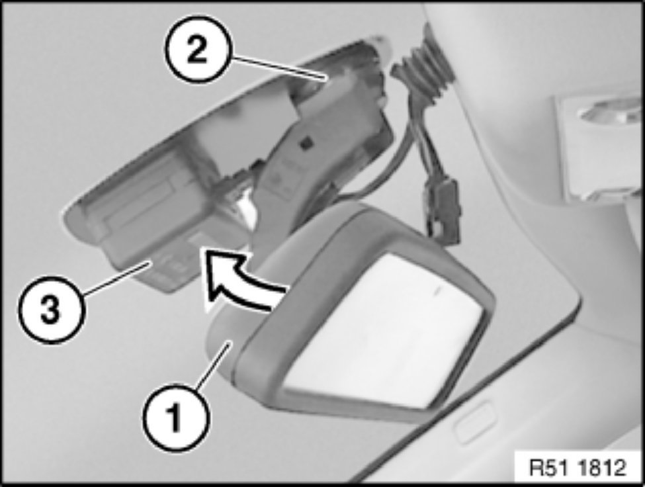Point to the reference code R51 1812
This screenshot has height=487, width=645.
coord(578,468)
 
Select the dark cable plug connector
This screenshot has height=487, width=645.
coord(443,212)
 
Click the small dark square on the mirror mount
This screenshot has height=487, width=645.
coord(306,144)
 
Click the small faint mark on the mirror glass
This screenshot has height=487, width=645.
coord(437,290)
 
